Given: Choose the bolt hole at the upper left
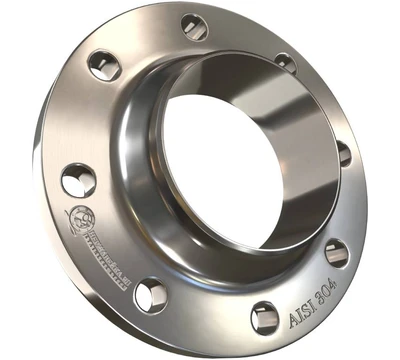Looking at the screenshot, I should [x=103, y=65].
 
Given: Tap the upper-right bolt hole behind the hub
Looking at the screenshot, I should [x=286, y=62].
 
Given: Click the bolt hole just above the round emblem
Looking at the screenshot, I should [x=77, y=180].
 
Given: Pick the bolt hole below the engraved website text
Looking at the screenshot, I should [x=150, y=294].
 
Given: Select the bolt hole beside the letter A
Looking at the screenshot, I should [x=264, y=316].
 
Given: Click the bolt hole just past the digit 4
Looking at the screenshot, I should [x=337, y=252].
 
